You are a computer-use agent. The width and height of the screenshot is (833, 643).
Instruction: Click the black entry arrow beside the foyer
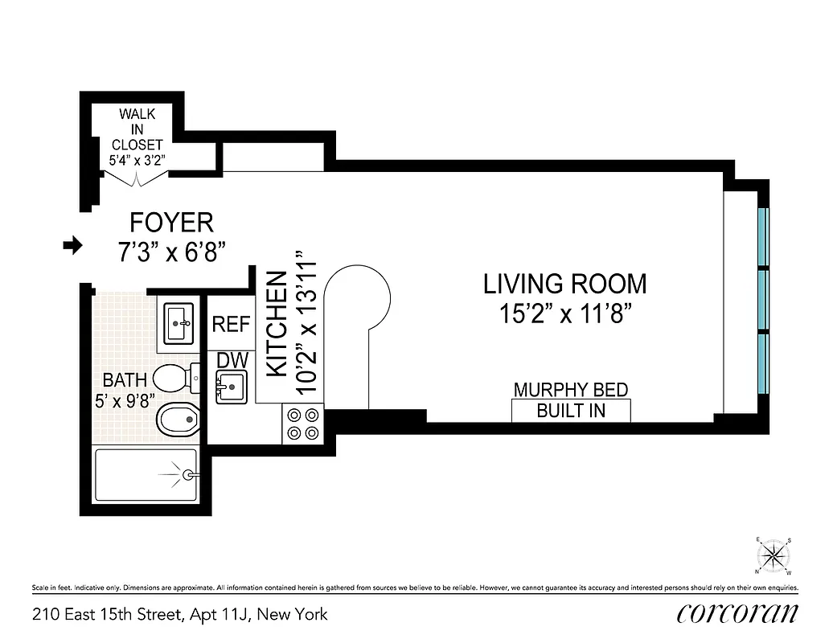[72, 246]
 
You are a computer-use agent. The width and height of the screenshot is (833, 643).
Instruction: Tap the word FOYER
[171, 222]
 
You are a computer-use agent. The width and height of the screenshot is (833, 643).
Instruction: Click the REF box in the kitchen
[231, 325]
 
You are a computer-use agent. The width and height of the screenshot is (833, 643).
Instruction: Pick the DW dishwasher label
[232, 361]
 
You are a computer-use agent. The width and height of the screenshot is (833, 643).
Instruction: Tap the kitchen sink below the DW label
[232, 387]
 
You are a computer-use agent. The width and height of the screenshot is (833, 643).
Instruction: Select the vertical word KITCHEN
[276, 324]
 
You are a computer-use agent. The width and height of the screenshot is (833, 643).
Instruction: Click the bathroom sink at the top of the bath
[178, 323]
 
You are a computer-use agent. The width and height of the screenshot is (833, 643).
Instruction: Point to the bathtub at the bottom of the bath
[146, 475]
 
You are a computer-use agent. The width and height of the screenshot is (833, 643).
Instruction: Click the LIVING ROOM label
[564, 284]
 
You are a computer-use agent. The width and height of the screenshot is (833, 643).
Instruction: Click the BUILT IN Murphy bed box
[571, 411]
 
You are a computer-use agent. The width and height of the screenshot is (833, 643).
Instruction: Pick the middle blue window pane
[763, 301]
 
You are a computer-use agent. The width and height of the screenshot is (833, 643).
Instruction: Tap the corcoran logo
[737, 613]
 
